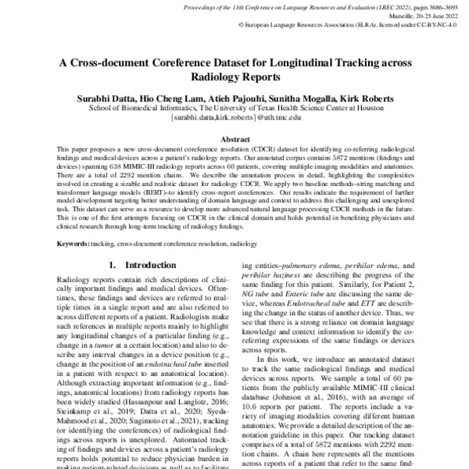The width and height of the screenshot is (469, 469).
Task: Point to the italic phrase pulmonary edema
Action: coord(328,266)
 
